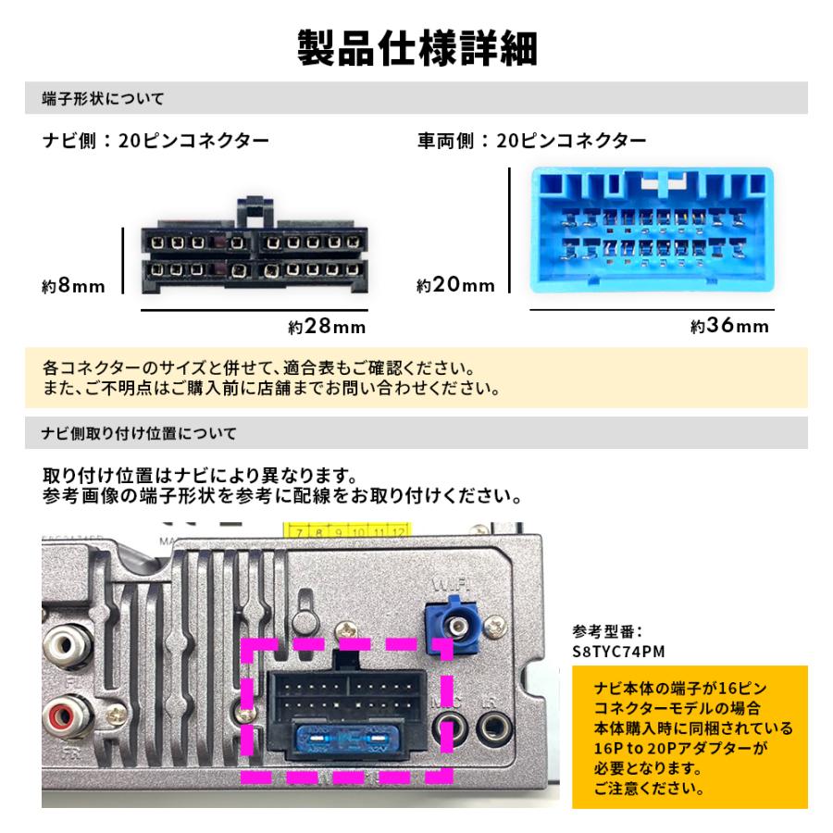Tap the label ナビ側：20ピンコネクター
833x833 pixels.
point(156,142)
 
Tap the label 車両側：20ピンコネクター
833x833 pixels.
point(532,142)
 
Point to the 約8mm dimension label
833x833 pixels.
point(74,286)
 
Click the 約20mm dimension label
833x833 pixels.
point(455,286)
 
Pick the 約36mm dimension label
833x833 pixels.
point(729,327)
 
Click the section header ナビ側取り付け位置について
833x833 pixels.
point(140,432)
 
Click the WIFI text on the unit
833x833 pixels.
point(447,585)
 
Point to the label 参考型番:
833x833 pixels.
point(607,632)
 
